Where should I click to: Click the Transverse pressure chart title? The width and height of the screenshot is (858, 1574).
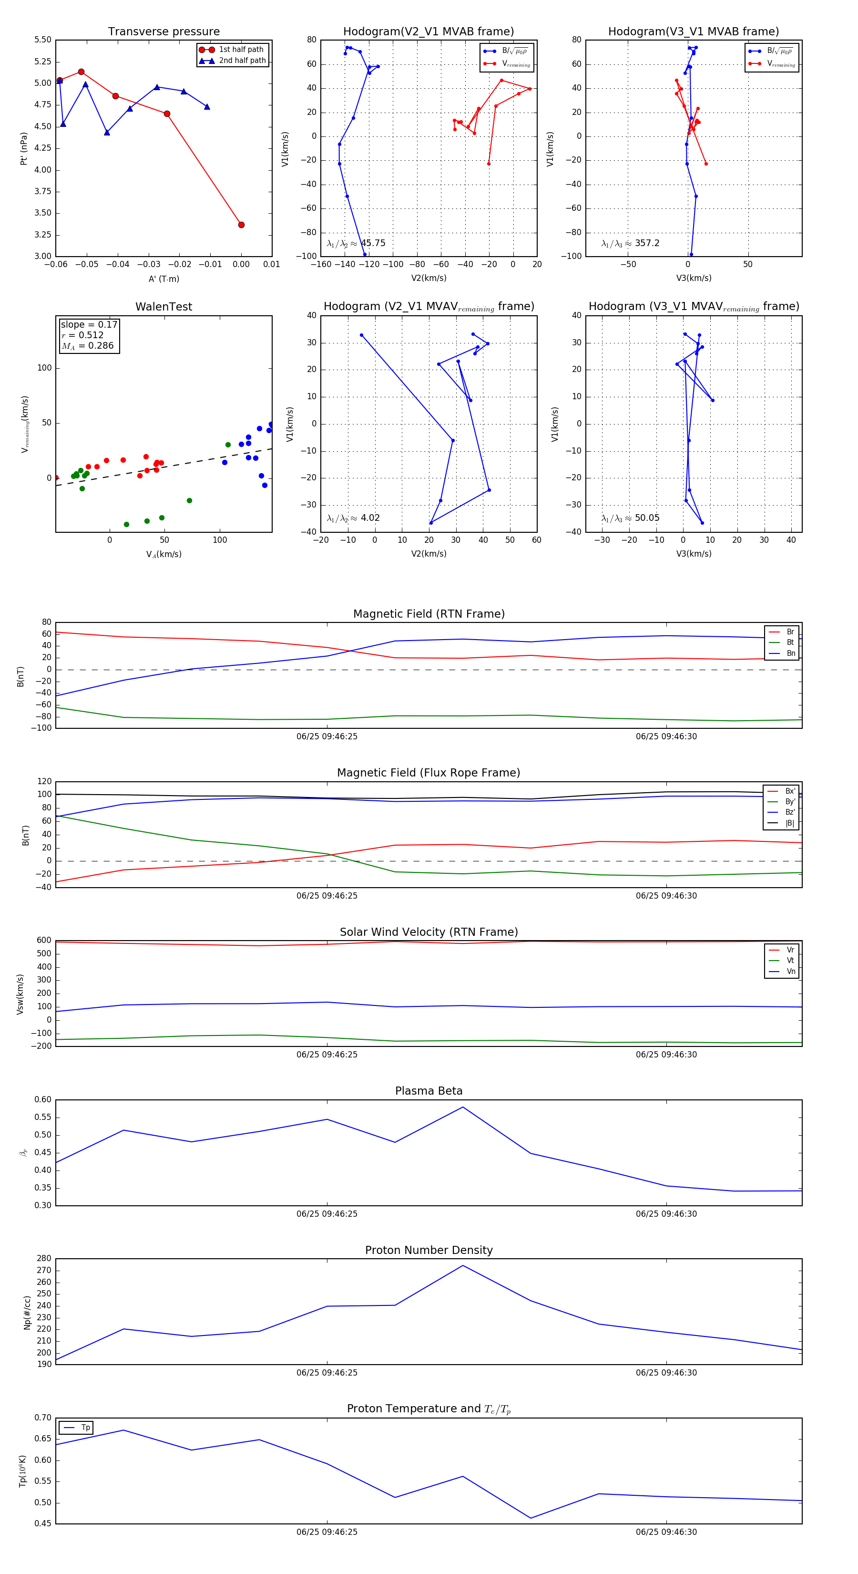pyautogui.click(x=163, y=32)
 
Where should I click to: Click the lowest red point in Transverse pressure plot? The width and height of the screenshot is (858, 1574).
pyautogui.click(x=241, y=225)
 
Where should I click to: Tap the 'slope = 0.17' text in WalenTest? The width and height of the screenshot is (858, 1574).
pyautogui.click(x=89, y=324)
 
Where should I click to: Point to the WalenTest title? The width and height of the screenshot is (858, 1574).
pyautogui.click(x=163, y=307)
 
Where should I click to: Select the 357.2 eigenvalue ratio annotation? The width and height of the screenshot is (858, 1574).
pyautogui.click(x=647, y=243)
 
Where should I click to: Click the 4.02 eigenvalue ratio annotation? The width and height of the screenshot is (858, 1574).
pyautogui.click(x=370, y=518)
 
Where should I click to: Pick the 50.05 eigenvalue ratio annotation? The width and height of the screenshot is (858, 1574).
pyautogui.click(x=647, y=518)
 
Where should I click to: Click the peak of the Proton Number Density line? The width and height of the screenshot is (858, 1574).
pyautogui.click(x=463, y=1265)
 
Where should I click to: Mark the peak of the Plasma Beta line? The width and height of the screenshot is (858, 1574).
pyautogui.click(x=463, y=1107)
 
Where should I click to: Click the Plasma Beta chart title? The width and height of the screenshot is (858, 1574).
pyautogui.click(x=429, y=1091)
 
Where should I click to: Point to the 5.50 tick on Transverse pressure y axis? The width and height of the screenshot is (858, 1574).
pyautogui.click(x=43, y=40)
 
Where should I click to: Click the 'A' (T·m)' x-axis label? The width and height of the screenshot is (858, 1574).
pyautogui.click(x=163, y=279)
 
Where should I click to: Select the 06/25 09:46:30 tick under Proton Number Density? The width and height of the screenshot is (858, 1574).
pyautogui.click(x=666, y=1372)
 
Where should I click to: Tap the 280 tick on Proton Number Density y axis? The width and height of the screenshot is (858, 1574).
pyautogui.click(x=44, y=1258)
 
